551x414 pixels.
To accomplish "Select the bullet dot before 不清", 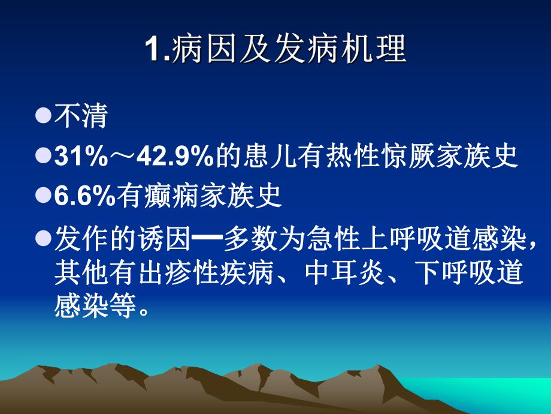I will pyautogui.click(x=44, y=116).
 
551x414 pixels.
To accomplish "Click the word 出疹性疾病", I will pyautogui.click(x=208, y=273).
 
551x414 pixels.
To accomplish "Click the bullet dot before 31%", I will pyautogui.click(x=44, y=157).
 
